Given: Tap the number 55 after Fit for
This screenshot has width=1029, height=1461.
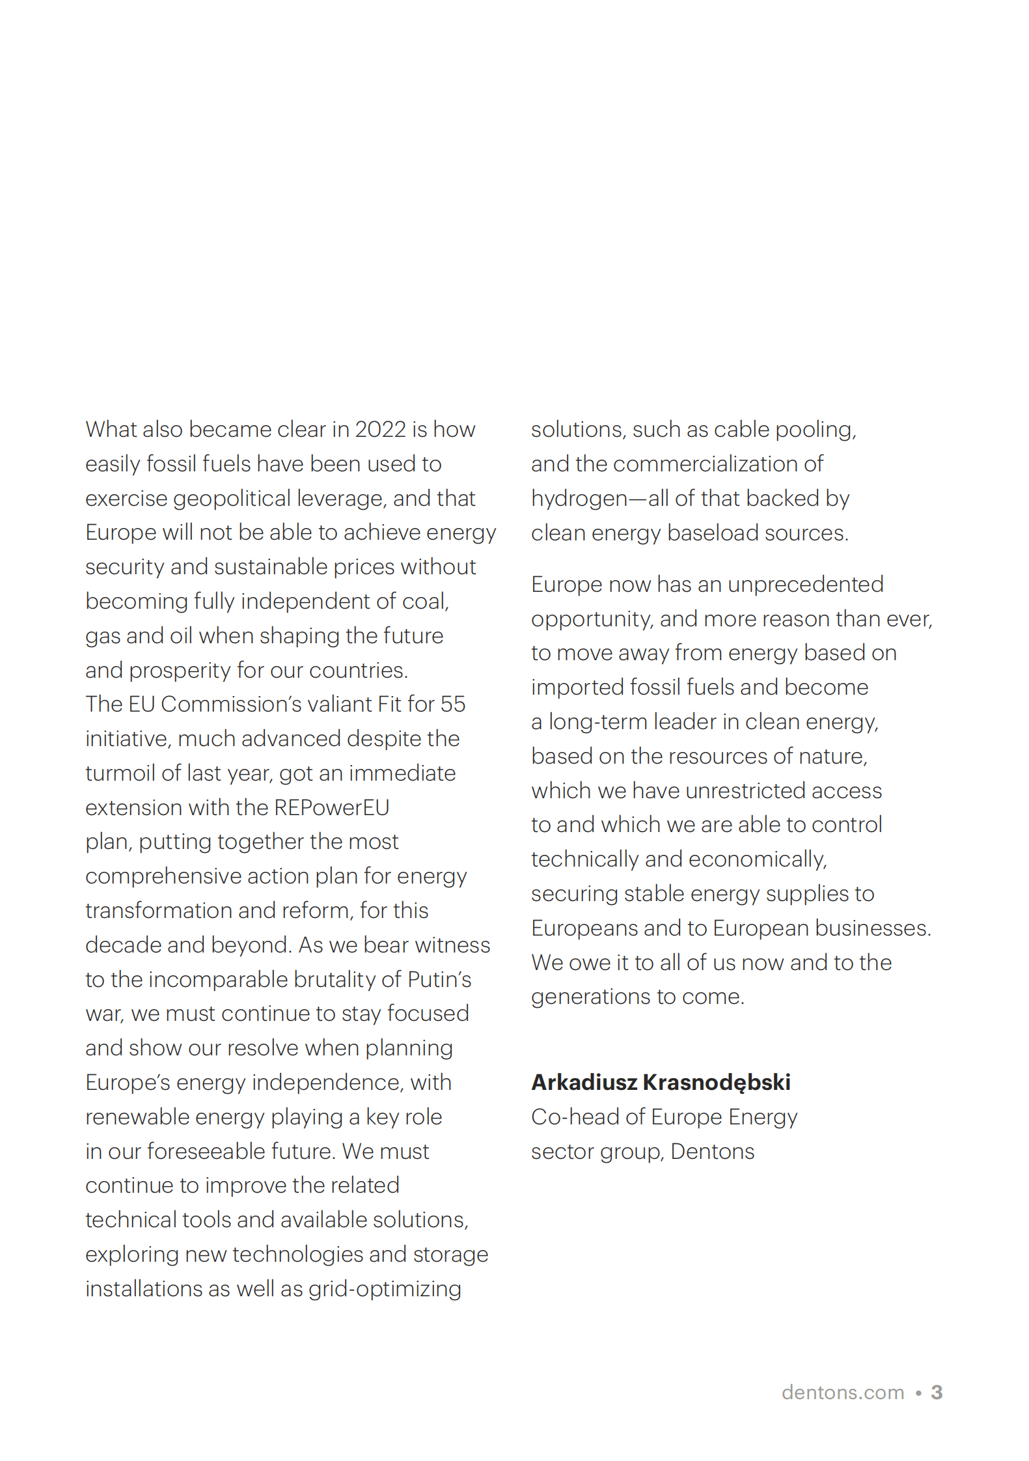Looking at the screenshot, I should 452,704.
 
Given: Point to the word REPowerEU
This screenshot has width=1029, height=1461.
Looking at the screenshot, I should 331,808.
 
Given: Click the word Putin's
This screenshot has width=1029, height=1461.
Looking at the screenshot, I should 439,980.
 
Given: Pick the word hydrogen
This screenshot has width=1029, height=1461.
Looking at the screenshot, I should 579,499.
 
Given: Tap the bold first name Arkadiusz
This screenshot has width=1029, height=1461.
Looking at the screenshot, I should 584,1083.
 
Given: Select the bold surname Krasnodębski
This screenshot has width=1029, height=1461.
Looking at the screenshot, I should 716,1083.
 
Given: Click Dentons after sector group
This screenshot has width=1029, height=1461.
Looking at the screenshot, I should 712,1152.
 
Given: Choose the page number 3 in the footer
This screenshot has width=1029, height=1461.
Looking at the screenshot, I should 937,1393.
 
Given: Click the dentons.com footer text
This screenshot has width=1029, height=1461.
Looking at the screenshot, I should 842,1393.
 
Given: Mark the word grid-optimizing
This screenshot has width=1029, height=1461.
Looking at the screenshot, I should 385,1289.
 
